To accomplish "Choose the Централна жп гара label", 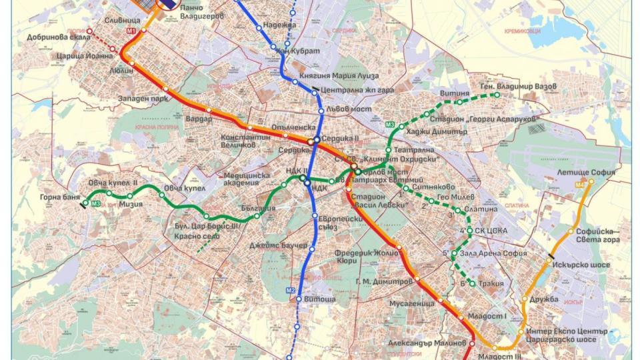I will coord(357,89).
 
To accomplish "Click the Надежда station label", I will coord(279,25).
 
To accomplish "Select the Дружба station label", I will coord(545,299).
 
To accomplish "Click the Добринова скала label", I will coord(49,38).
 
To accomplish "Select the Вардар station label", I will coord(199,119).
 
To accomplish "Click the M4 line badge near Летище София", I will coord(580,183).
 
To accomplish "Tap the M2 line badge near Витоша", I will coord(290,290).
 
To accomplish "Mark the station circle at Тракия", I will coord(473,285).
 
